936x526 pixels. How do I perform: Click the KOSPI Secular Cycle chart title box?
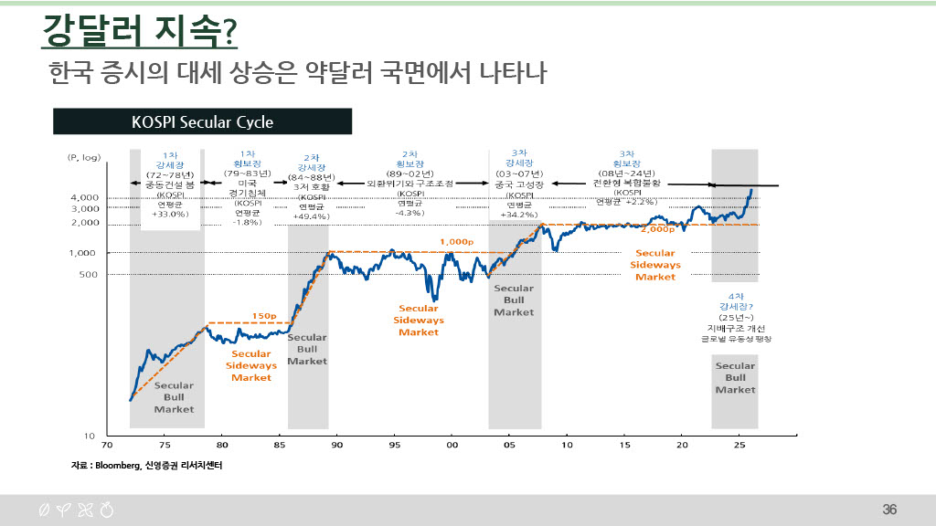(x=202, y=121)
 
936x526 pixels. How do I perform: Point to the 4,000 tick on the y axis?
(x=85, y=197)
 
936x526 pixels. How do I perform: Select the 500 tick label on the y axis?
(x=89, y=273)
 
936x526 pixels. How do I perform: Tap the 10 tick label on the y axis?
(x=90, y=435)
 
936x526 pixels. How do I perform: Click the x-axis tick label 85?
(x=280, y=446)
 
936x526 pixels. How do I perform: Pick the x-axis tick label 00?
(x=452, y=446)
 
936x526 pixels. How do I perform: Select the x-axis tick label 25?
(x=740, y=446)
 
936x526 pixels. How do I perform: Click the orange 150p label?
(x=264, y=316)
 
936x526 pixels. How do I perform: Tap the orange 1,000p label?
(x=458, y=242)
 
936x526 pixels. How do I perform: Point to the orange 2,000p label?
(x=658, y=230)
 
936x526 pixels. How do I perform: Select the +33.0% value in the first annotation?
(x=170, y=214)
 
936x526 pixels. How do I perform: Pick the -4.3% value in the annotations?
(x=409, y=213)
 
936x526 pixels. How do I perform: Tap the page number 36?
(x=889, y=509)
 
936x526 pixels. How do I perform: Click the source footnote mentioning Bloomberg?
(x=148, y=465)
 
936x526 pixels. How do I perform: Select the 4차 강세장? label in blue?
(x=736, y=301)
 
